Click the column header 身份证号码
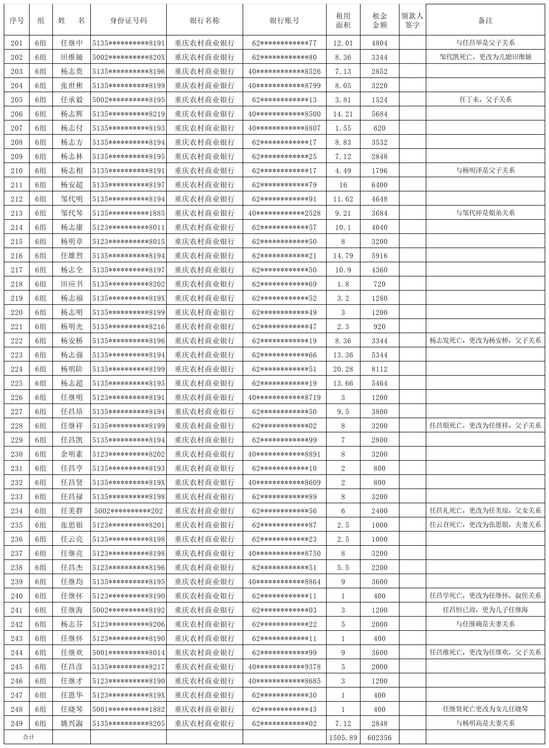click(128, 21)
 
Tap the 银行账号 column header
click(284, 21)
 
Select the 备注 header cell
click(485, 21)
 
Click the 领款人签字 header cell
click(412, 21)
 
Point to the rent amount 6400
click(379, 185)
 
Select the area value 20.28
click(343, 369)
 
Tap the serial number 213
click(17, 213)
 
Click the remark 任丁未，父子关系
click(485, 99)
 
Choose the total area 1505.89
click(343, 738)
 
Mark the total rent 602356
click(379, 738)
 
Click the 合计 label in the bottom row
click(29, 737)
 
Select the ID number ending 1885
click(128, 213)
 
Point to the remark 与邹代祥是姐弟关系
click(485, 213)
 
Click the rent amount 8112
click(379, 369)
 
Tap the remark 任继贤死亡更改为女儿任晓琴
click(485, 709)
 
